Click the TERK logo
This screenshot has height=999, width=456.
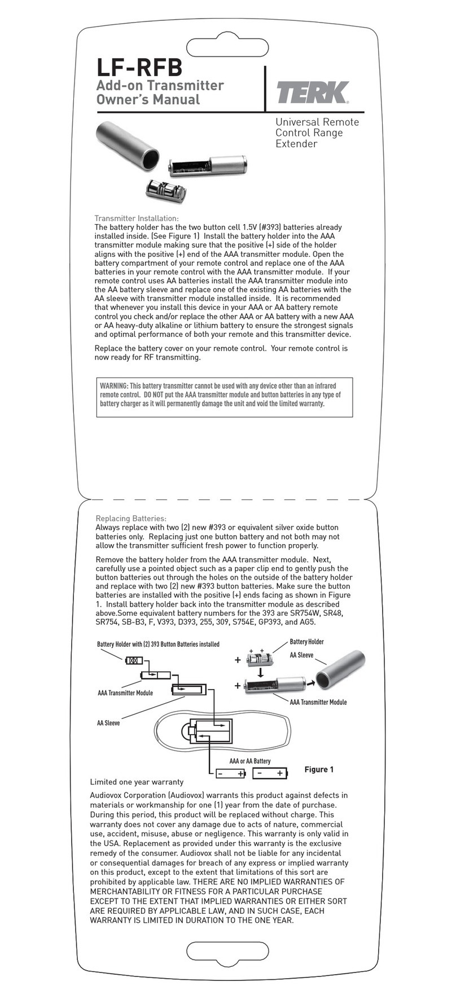[312, 93]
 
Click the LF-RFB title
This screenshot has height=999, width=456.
[139, 68]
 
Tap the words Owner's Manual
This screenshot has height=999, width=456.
[148, 100]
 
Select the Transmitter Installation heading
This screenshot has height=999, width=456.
[136, 218]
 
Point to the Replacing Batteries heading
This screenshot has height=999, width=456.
[131, 518]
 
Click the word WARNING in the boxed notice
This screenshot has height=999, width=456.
[113, 386]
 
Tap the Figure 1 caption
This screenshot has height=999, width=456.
[319, 769]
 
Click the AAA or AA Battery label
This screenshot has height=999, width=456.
[250, 761]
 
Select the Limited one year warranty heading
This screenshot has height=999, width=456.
[137, 782]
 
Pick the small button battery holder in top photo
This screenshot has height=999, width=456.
[166, 189]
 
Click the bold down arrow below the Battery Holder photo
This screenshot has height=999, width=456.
[261, 673]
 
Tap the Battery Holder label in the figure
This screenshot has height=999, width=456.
[306, 642]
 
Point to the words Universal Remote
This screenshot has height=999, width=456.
[317, 122]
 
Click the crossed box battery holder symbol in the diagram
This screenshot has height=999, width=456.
[134, 660]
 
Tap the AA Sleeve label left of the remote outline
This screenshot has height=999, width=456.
[108, 723]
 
